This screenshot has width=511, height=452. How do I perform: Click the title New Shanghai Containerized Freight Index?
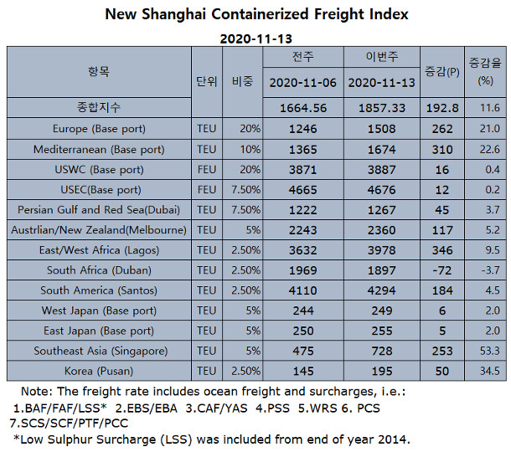point(255,14)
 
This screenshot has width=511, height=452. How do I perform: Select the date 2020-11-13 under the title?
point(255,39)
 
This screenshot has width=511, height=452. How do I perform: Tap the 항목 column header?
point(99,73)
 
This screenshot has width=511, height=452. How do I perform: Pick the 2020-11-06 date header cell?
point(302,84)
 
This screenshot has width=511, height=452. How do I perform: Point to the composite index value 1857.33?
point(382,109)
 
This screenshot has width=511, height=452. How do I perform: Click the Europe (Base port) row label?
point(99,129)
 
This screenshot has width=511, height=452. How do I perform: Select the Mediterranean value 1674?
point(382,149)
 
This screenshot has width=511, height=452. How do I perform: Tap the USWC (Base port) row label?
point(99,169)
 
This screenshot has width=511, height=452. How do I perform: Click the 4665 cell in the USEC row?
point(302,189)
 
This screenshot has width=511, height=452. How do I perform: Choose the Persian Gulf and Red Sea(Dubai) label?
point(99,209)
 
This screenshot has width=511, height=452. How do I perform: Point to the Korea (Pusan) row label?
point(99,371)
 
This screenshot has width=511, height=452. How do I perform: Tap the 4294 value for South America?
point(382,290)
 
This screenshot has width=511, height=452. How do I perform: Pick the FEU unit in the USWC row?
point(206,169)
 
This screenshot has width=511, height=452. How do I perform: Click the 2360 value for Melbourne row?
point(382,229)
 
